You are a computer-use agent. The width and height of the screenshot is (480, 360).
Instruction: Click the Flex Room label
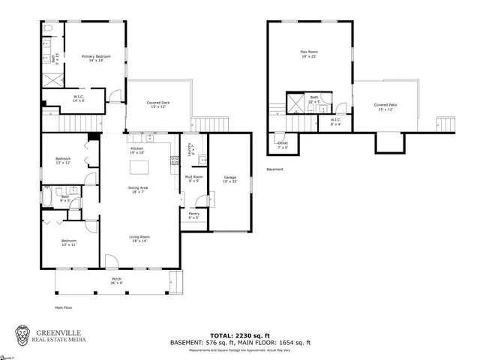coord(309,54)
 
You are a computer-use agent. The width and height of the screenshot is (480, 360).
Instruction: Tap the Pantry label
coord(194,216)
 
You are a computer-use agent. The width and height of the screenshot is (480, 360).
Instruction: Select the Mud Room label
coord(194,178)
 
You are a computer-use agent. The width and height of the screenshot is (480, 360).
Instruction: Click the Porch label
coord(117,280)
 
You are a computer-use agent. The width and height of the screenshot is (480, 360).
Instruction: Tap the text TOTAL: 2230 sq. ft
coord(240,335)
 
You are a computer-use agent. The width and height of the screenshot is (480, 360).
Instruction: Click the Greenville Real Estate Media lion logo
coord(25,335)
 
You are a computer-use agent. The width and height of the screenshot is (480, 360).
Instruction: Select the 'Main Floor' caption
coord(63,307)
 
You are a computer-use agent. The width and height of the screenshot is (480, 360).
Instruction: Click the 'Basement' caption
coord(275,169)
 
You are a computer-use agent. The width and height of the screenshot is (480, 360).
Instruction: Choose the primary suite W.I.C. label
coord(79,98)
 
